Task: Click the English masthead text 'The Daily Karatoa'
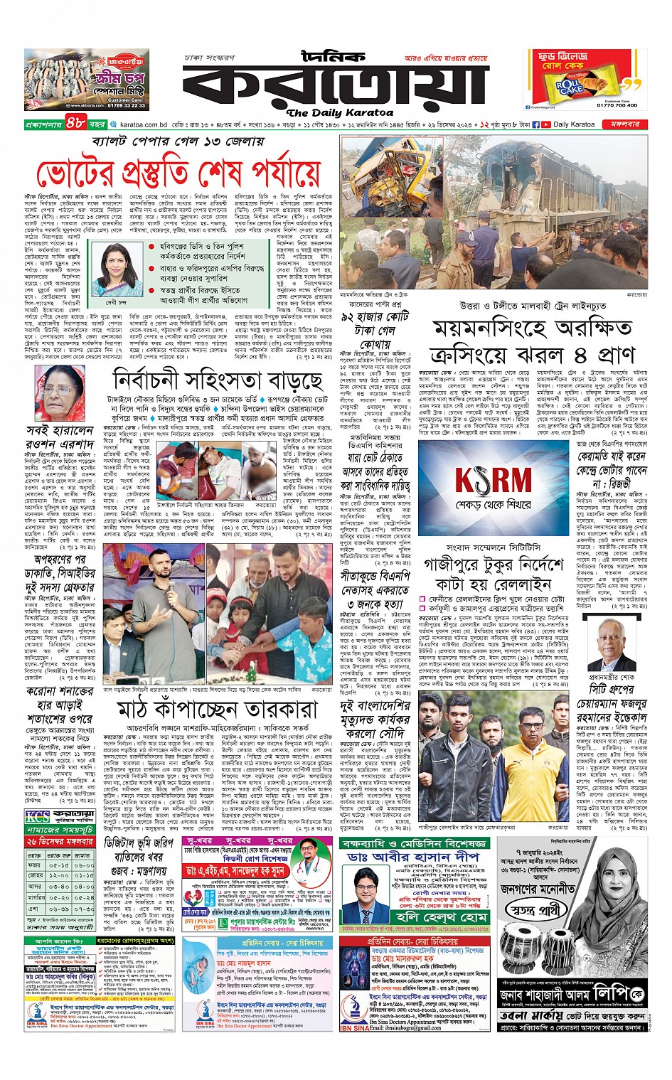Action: tap(339, 112)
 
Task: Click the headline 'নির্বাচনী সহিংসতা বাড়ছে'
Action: tap(217, 380)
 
